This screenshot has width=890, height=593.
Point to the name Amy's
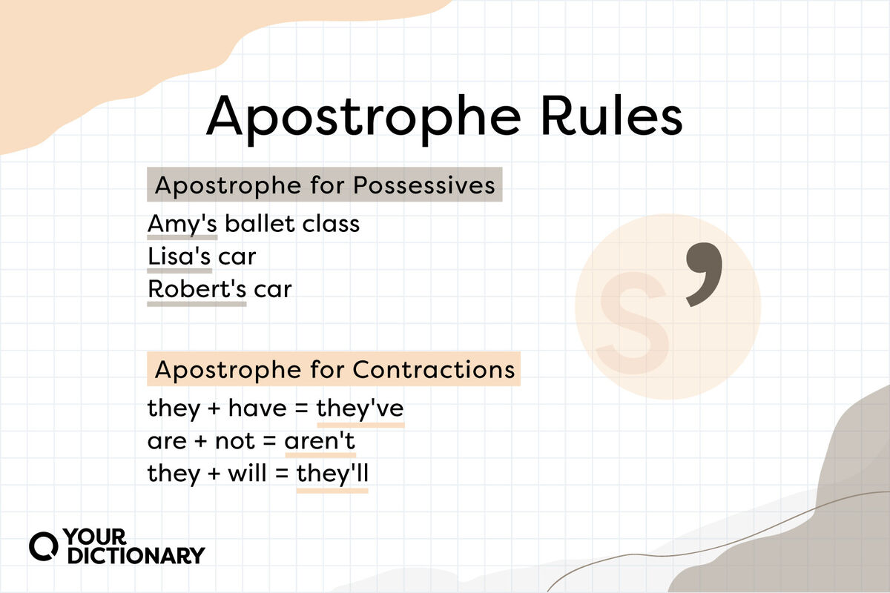(x=182, y=223)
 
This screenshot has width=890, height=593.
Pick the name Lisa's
(x=179, y=256)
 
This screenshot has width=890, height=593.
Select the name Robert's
(x=197, y=289)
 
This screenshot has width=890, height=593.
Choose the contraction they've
(x=360, y=408)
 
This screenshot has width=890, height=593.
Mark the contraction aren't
(x=320, y=441)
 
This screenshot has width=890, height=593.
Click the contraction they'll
(x=332, y=474)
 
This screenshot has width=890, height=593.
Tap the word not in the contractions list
(x=234, y=441)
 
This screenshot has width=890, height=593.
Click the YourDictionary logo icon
(x=44, y=545)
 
